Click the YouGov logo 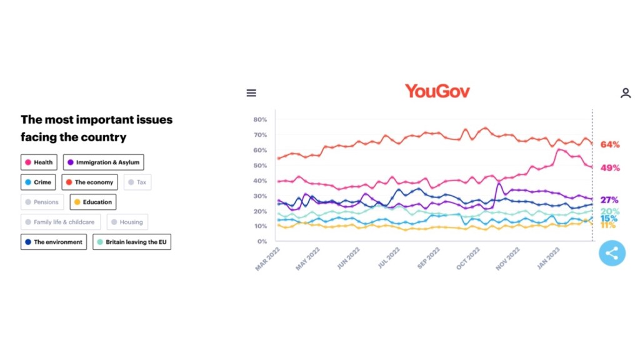(x=437, y=91)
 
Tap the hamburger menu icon (x=251, y=93)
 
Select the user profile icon (x=625, y=93)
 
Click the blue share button (x=612, y=253)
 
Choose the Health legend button (x=39, y=162)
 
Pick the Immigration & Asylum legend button (x=103, y=162)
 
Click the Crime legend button (x=38, y=182)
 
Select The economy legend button (x=89, y=182)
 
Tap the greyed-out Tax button (x=137, y=182)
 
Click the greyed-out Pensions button (x=42, y=202)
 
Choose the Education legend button (x=92, y=202)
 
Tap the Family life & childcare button (x=60, y=222)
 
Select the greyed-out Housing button (x=127, y=222)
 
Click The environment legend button (x=54, y=242)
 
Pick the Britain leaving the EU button (x=132, y=242)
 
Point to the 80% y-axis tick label (x=260, y=119)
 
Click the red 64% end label (x=610, y=145)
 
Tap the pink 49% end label (x=610, y=168)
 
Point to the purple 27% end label (x=610, y=200)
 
